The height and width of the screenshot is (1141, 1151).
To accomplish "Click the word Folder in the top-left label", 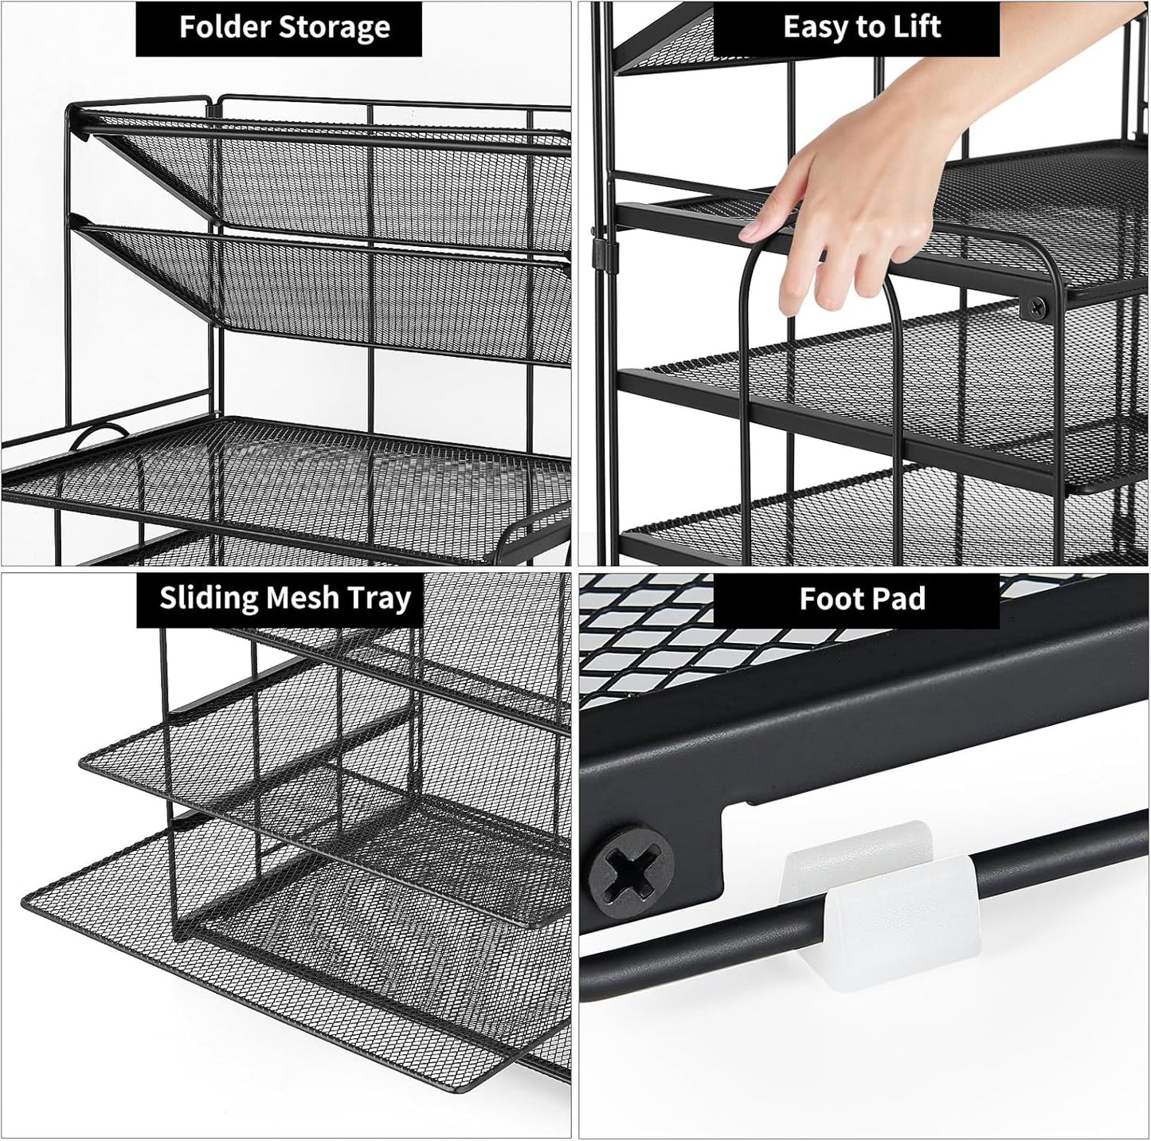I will pyautogui.click(x=224, y=28).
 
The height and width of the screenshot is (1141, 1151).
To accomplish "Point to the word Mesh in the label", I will pyautogui.click(x=302, y=598).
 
